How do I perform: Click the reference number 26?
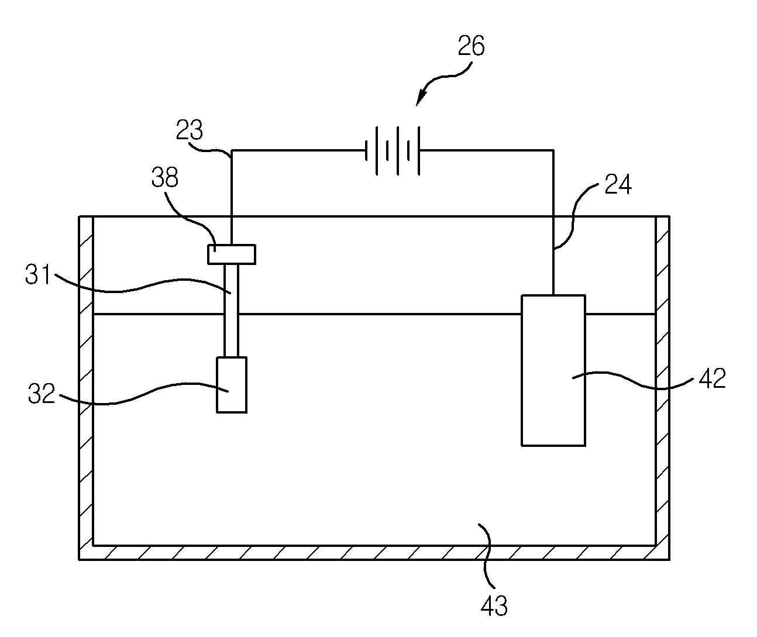(471, 46)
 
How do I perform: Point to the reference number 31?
(37, 274)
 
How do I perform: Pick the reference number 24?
(618, 184)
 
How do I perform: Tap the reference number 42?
(712, 378)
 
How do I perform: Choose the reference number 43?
(494, 605)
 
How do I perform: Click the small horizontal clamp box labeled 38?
(232, 254)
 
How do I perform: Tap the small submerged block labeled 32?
(232, 385)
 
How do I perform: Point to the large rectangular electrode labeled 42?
(553, 370)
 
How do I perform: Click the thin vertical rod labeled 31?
(231, 311)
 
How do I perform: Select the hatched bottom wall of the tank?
(374, 553)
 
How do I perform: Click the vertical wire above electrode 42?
(553, 256)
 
